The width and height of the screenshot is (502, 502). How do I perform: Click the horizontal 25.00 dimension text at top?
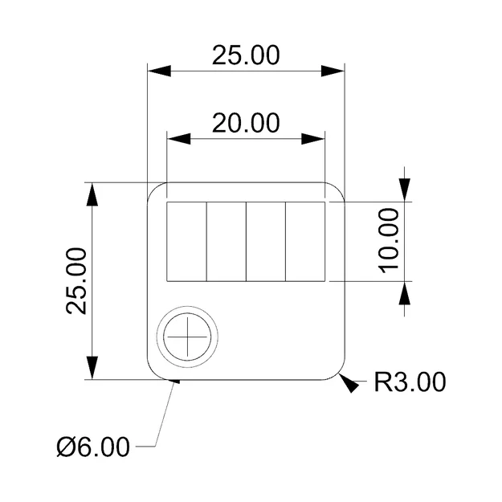click(x=246, y=55)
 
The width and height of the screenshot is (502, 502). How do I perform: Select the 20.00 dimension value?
click(x=246, y=123)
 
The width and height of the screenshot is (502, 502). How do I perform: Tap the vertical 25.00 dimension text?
click(x=78, y=280)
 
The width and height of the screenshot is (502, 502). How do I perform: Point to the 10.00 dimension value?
click(x=389, y=240)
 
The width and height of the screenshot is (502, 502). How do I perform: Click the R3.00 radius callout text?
click(x=410, y=382)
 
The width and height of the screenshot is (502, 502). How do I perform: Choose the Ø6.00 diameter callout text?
click(x=93, y=446)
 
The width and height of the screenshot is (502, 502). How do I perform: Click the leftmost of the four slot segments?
click(x=186, y=242)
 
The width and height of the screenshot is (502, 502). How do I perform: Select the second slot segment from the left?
click(x=226, y=242)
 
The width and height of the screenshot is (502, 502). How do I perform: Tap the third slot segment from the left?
click(x=265, y=242)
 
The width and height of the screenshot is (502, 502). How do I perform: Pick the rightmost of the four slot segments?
click(x=305, y=242)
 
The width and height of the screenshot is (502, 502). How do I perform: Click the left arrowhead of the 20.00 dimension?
click(x=178, y=139)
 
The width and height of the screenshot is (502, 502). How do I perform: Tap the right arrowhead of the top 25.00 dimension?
click(x=333, y=71)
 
